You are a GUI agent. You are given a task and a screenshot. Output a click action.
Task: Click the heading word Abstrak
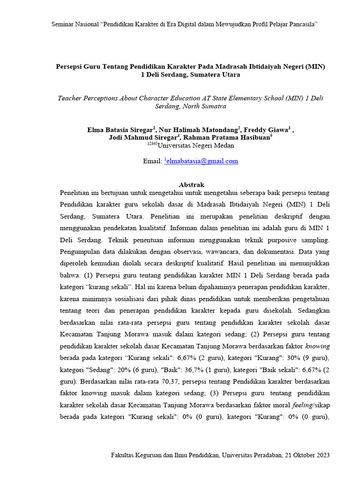point(192,185)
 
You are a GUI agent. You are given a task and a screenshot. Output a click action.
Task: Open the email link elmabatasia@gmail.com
point(202,161)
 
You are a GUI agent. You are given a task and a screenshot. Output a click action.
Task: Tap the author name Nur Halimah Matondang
point(199,130)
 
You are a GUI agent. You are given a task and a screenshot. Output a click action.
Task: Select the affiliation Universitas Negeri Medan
point(195,145)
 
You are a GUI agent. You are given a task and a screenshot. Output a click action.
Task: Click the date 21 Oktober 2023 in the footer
point(307,455)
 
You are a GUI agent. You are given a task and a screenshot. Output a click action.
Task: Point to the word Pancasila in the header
point(303,24)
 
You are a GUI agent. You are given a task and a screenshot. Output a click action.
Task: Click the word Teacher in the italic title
point(69,98)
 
